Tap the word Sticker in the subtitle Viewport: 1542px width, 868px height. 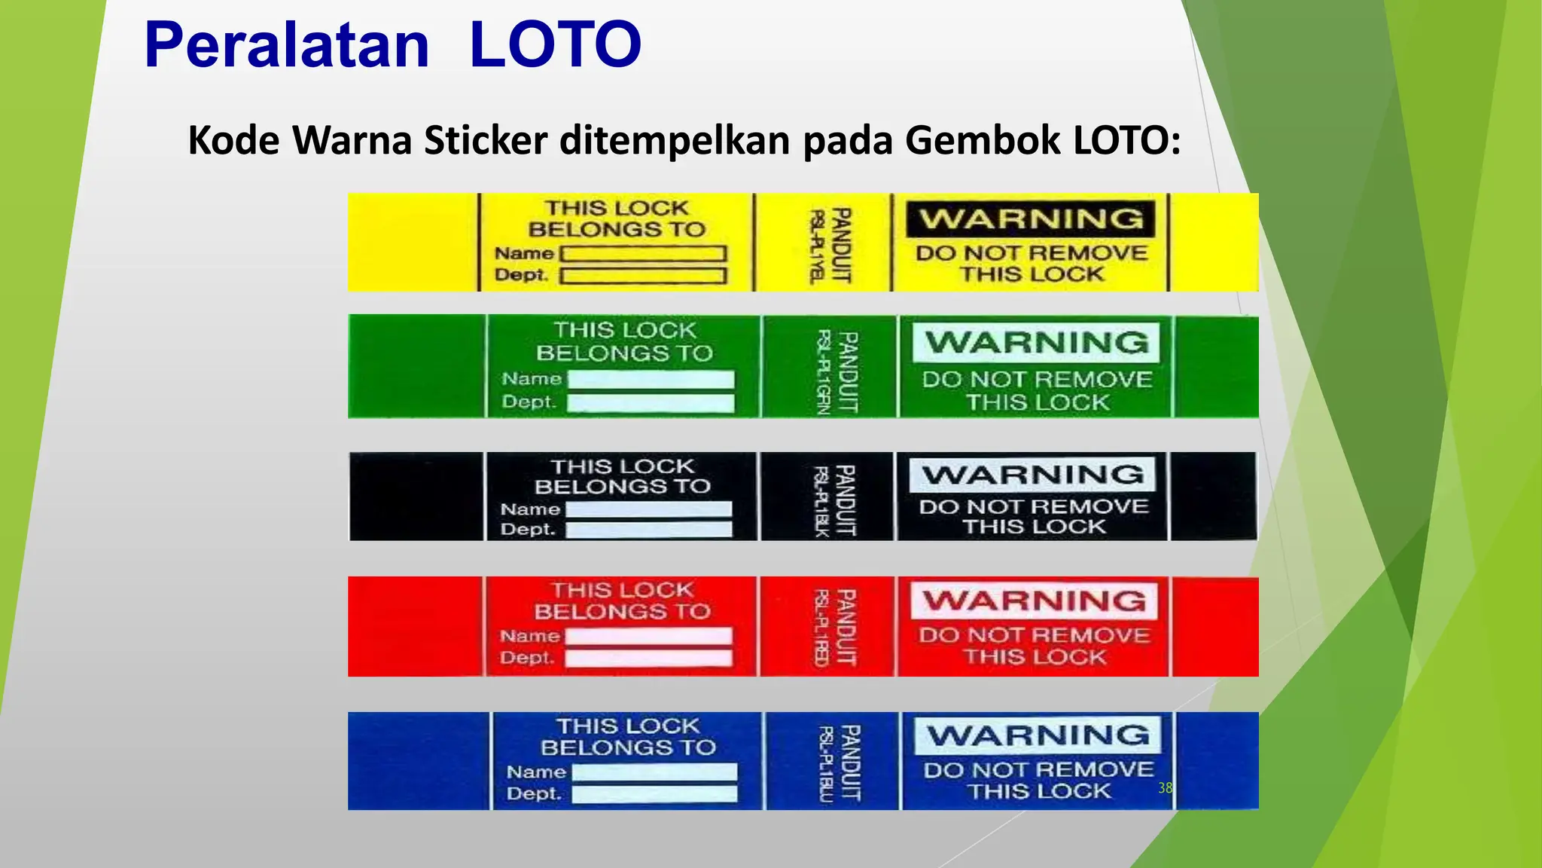pyautogui.click(x=485, y=140)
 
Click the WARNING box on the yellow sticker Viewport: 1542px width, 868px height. pyautogui.click(x=1030, y=219)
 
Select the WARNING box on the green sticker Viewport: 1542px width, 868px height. pyautogui.click(x=1036, y=342)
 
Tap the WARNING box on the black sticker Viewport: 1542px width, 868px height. pyautogui.click(x=1032, y=475)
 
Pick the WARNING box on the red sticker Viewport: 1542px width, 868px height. pyautogui.click(x=1034, y=601)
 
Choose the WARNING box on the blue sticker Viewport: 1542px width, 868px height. pyautogui.click(x=1038, y=735)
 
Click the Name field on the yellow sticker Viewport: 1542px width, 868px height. pyautogui.click(x=644, y=254)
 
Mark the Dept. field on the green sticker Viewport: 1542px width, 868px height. pyautogui.click(x=651, y=403)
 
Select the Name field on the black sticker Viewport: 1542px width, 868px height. pyautogui.click(x=648, y=510)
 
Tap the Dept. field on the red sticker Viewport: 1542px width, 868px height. pyautogui.click(x=648, y=658)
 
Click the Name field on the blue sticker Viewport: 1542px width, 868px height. pyautogui.click(x=654, y=772)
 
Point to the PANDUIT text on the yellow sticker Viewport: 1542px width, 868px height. pyautogui.click(x=840, y=245)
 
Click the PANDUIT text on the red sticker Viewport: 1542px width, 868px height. pyautogui.click(x=846, y=627)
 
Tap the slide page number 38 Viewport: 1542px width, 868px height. pyautogui.click(x=1165, y=788)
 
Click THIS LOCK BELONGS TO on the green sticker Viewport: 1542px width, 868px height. pyautogui.click(x=624, y=341)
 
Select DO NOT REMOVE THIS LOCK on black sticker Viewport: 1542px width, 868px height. pyautogui.click(x=1034, y=517)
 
